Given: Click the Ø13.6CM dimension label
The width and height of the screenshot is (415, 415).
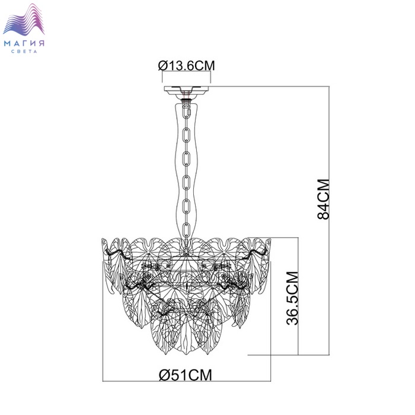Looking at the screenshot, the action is (187, 66).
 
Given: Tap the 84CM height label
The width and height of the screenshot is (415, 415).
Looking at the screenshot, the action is (324, 199).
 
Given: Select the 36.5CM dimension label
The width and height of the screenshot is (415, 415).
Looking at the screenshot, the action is (292, 298).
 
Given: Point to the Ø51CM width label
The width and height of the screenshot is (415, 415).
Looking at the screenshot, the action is (186, 375).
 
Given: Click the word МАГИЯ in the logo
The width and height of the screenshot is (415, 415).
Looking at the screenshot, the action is (24, 43).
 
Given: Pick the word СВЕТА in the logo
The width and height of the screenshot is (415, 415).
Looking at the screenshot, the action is (24, 52).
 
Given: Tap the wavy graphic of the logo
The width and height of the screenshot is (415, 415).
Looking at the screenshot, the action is (24, 20).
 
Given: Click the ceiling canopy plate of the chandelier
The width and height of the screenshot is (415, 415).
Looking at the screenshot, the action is (186, 91).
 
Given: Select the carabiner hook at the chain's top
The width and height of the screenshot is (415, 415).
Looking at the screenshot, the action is (187, 109).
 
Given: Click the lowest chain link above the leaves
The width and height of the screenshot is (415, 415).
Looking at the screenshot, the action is (186, 229).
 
